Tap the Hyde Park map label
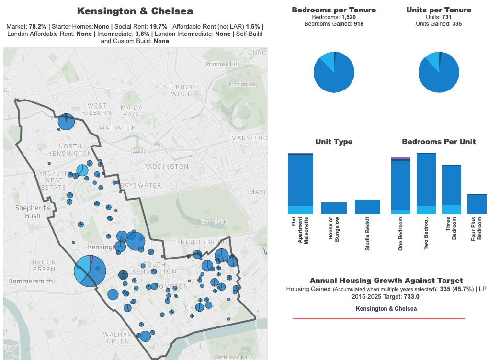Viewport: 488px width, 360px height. tap(214, 222)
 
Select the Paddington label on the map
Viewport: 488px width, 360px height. tap(166, 166)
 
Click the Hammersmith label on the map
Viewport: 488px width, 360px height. tap(30, 281)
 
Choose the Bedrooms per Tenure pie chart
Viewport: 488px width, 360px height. tap(334, 72)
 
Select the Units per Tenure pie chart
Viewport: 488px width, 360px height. tap(438, 72)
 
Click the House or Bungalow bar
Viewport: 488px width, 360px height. tap(334, 208)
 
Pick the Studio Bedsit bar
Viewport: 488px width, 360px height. tap(367, 207)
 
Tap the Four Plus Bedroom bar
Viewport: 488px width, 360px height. tap(477, 204)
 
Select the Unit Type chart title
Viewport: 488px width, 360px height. tap(334, 142)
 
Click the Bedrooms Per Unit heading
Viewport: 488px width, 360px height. tap(438, 142)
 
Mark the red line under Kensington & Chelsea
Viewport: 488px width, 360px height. tap(378, 318)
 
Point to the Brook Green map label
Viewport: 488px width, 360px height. tap(45, 266)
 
